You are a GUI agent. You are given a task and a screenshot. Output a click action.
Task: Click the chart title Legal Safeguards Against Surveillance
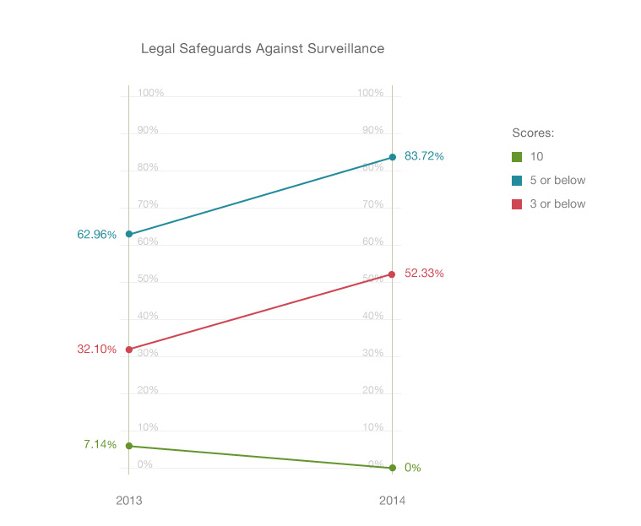(x=262, y=49)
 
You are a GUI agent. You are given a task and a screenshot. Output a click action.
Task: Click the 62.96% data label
(x=96, y=235)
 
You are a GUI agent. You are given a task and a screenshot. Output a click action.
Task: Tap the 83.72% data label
(x=424, y=156)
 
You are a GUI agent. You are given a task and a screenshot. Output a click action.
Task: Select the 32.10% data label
(x=96, y=349)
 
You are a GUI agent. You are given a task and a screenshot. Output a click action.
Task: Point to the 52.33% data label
(x=424, y=274)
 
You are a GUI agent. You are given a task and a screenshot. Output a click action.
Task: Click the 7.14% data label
(x=100, y=444)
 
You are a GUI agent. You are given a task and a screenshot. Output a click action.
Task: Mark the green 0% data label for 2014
(x=412, y=468)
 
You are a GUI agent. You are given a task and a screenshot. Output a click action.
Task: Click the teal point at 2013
(x=128, y=234)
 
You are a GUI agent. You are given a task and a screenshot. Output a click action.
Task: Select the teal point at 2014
(x=393, y=157)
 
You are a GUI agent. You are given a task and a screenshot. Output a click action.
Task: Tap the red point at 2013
(x=128, y=349)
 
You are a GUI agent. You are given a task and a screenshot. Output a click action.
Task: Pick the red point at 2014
(x=393, y=274)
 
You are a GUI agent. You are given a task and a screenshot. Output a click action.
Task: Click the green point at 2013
(x=128, y=446)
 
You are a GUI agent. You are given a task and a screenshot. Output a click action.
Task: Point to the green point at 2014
(x=393, y=468)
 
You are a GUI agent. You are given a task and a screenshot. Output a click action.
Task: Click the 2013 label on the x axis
(x=128, y=501)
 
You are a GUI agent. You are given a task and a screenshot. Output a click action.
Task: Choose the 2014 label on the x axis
(x=392, y=501)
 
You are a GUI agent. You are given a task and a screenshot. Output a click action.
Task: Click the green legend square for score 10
(x=517, y=156)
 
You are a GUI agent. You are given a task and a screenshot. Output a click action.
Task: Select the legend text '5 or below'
(x=557, y=180)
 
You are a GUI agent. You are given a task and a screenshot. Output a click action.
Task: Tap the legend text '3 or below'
(x=557, y=203)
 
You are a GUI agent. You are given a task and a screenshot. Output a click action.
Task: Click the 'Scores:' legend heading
(x=533, y=133)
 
